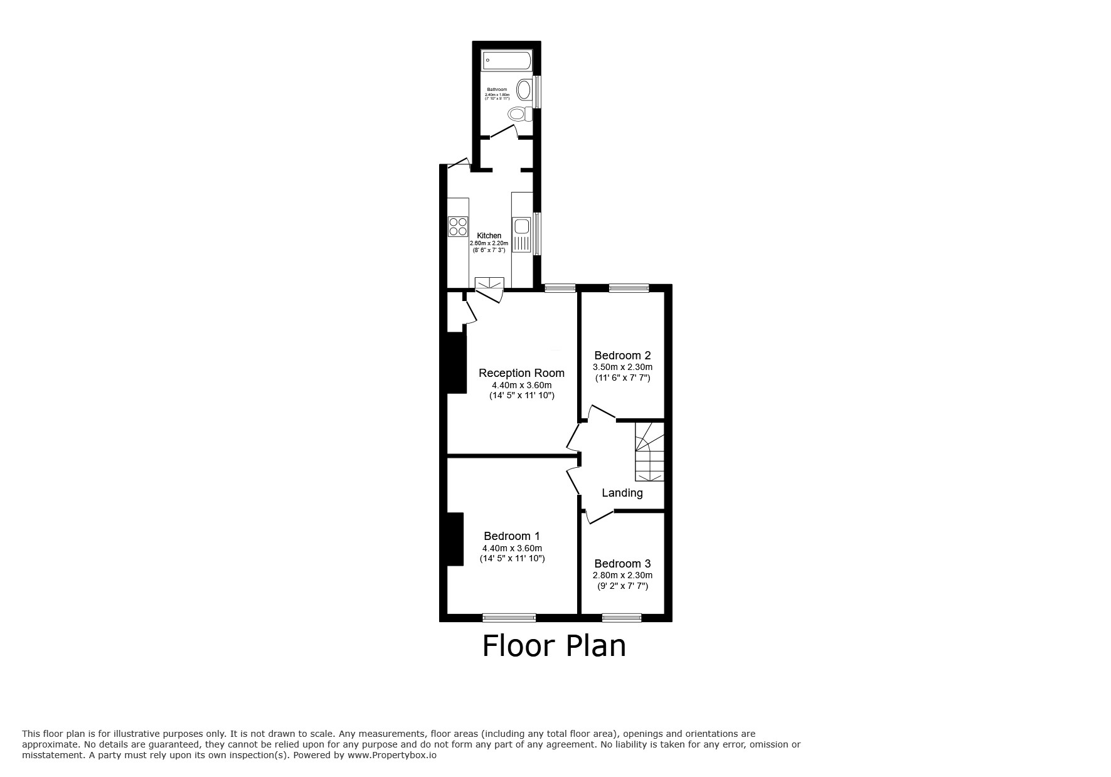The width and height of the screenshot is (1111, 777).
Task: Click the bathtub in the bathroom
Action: tap(506, 61)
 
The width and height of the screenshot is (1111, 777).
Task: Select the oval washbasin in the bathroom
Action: tap(524, 89)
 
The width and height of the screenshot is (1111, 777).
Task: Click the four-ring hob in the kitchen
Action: tap(458, 226)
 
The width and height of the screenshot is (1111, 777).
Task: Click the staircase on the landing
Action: tap(649, 452)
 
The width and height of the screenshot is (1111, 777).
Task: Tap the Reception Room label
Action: tap(521, 373)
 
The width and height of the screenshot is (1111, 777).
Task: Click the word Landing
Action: tap(622, 493)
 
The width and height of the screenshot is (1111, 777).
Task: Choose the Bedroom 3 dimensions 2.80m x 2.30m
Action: tap(622, 575)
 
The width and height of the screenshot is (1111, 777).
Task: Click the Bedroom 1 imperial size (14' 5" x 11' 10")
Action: tap(512, 558)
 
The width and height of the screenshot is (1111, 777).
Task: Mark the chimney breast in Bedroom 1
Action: tap(455, 539)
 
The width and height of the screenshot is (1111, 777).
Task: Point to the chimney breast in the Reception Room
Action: tap(456, 362)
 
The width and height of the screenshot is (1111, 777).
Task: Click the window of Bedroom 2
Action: tap(629, 288)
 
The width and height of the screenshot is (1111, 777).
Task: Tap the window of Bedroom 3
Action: tap(622, 618)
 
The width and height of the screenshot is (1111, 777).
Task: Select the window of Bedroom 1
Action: tap(509, 618)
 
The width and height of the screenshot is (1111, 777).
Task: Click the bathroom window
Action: tap(537, 92)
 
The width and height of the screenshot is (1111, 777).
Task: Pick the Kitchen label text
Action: tap(489, 236)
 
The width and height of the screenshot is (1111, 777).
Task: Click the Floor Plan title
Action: tap(554, 646)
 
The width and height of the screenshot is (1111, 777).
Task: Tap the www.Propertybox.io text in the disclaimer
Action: tap(392, 756)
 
